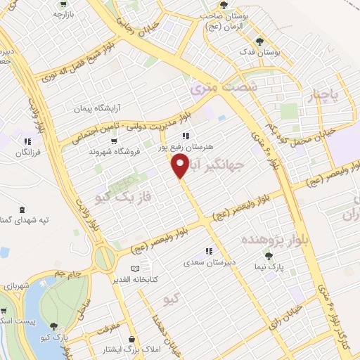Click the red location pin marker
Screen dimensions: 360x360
180,165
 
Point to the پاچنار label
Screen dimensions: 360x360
325,92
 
